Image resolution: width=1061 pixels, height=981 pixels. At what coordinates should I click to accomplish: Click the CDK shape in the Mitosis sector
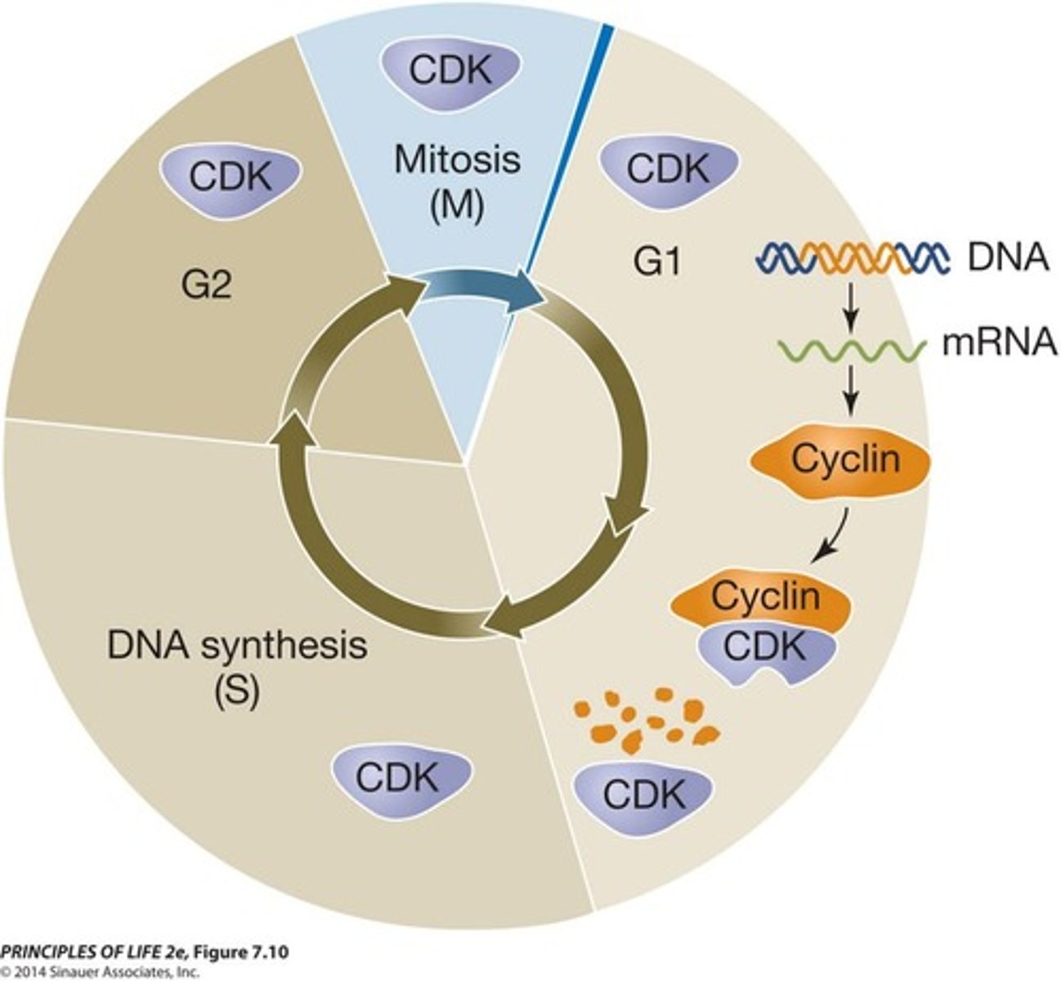pyautogui.click(x=451, y=70)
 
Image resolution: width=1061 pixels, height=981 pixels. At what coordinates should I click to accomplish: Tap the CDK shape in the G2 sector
pyautogui.click(x=231, y=176)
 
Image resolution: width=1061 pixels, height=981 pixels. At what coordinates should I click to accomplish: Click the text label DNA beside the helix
pyautogui.click(x=1008, y=258)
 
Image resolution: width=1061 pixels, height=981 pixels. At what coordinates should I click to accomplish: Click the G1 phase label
pyautogui.click(x=656, y=264)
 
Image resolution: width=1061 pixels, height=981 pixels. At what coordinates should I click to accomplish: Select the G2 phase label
pyautogui.click(x=208, y=287)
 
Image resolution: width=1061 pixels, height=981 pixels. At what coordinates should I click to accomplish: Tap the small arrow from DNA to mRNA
pyautogui.click(x=851, y=308)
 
